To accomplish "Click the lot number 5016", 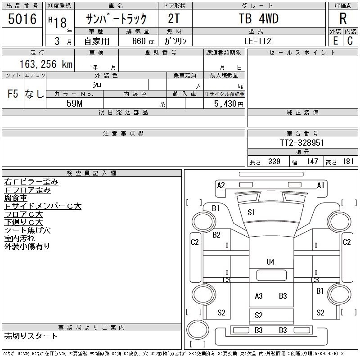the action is click(x=22, y=18).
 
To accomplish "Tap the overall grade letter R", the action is click(x=343, y=18).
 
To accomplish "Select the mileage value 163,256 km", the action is click(x=46, y=64).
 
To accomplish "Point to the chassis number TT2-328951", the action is click(x=302, y=143).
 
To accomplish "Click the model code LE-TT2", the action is click(x=257, y=41).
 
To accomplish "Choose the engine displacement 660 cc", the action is click(x=143, y=41).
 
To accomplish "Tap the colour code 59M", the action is click(x=74, y=103).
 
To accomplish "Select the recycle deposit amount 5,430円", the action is click(x=229, y=104).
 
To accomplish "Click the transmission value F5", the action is click(x=13, y=94).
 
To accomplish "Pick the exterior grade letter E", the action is click(x=335, y=41).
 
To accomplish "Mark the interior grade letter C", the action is click(x=350, y=41).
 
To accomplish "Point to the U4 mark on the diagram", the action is click(x=270, y=262).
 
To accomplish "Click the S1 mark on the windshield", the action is click(x=251, y=212).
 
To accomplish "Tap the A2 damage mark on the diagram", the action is click(x=221, y=185).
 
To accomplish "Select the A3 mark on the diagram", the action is click(x=258, y=296).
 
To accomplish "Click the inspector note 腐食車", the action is click(x=16, y=198).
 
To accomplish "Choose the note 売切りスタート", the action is click(x=31, y=336).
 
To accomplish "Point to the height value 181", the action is click(x=348, y=162).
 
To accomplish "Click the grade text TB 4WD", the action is click(x=259, y=18).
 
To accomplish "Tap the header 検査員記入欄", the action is click(x=91, y=173).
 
